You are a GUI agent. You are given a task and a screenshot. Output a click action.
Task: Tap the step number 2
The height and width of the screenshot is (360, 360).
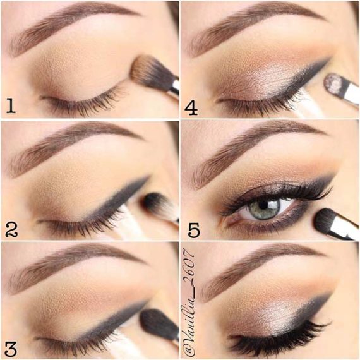(x=11, y=228)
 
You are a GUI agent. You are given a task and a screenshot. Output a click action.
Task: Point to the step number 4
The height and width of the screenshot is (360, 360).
(x=191, y=107)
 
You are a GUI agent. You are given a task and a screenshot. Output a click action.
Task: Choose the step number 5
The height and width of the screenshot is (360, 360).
(x=193, y=229)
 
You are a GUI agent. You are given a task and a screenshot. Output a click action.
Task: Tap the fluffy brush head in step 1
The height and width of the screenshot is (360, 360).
(x=147, y=70)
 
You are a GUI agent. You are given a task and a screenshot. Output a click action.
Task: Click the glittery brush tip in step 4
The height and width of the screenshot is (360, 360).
(x=333, y=82)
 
